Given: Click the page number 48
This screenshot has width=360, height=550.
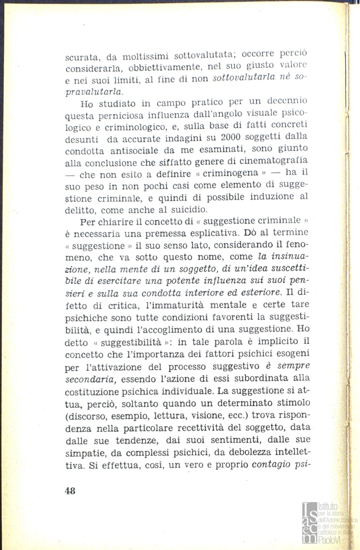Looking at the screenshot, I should [x=70, y=490].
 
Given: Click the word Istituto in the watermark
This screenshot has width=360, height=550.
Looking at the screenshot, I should [x=327, y=507].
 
